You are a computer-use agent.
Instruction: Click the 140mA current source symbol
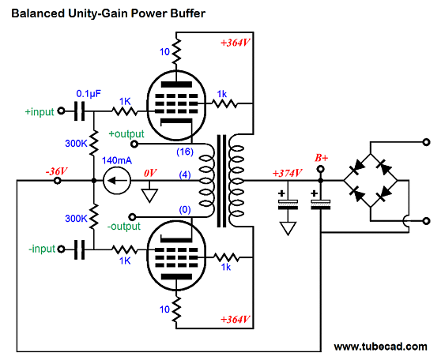(x=117, y=181)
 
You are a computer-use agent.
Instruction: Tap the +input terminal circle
(x=61, y=111)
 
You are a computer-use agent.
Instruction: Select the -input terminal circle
(x=61, y=249)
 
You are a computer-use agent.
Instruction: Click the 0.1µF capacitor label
(x=89, y=94)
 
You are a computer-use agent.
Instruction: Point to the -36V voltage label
(x=57, y=171)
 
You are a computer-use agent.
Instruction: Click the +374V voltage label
(x=287, y=173)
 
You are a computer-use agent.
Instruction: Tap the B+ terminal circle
(x=320, y=169)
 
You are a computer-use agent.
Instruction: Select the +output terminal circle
(x=134, y=144)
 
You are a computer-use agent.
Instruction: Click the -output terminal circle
(x=133, y=217)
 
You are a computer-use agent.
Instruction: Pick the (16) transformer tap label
(x=185, y=152)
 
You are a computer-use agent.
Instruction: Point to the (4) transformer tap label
(x=185, y=174)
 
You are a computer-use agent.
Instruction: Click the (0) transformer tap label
(x=185, y=210)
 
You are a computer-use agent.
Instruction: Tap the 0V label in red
(x=150, y=173)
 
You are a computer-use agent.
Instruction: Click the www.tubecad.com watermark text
(x=380, y=347)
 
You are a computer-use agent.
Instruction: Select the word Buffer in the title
(x=187, y=13)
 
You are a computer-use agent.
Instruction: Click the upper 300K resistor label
(x=76, y=144)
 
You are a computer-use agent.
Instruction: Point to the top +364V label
(x=236, y=43)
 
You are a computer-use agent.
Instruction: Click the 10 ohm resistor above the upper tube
(x=176, y=52)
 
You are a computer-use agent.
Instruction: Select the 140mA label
(x=117, y=160)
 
